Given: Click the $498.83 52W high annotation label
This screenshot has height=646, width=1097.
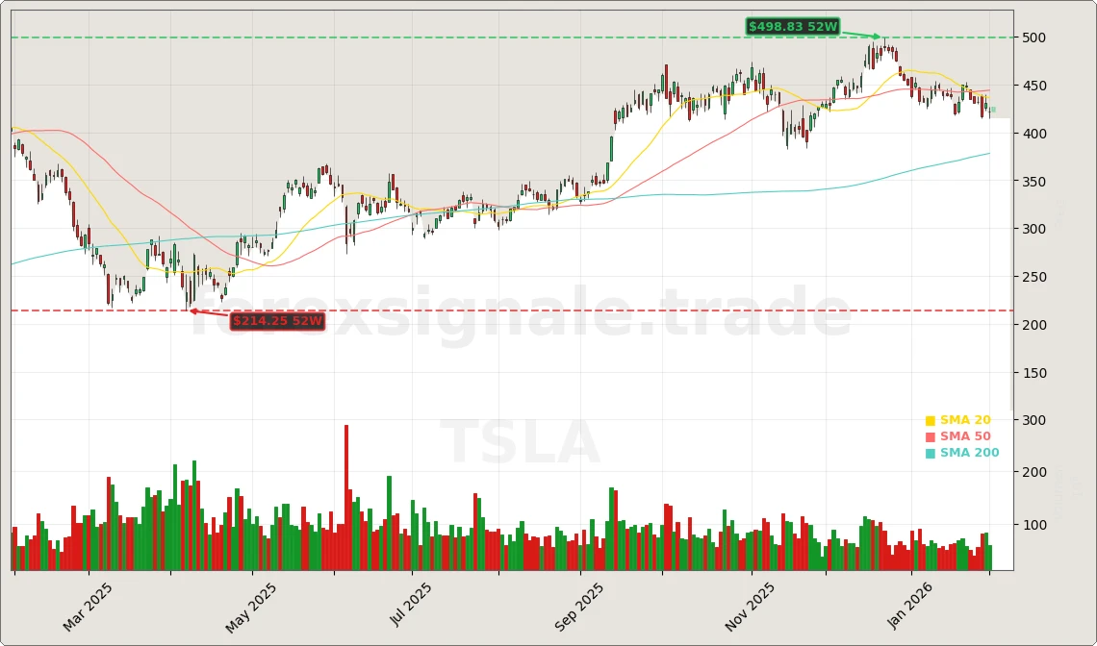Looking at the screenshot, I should [x=793, y=27].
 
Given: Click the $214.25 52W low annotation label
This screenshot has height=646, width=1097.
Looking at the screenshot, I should [x=277, y=321].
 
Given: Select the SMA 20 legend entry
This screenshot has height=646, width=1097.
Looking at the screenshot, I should [x=957, y=420].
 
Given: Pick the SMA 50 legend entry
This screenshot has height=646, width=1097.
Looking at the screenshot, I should [x=957, y=436].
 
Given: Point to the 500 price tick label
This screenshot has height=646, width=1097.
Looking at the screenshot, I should [x=1036, y=37].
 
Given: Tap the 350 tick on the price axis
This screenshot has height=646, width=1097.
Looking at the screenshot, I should [x=1036, y=182].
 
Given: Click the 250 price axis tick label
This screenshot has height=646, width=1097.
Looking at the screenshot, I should [x=1036, y=277].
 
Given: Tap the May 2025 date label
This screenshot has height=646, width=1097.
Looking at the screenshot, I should [x=252, y=608].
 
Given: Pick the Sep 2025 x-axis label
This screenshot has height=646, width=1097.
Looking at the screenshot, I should [x=580, y=608].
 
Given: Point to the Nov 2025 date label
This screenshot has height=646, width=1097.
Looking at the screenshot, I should [x=750, y=608].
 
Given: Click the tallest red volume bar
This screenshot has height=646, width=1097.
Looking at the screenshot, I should [x=346, y=498].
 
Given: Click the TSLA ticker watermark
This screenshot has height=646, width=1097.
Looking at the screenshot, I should [x=520, y=444].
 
